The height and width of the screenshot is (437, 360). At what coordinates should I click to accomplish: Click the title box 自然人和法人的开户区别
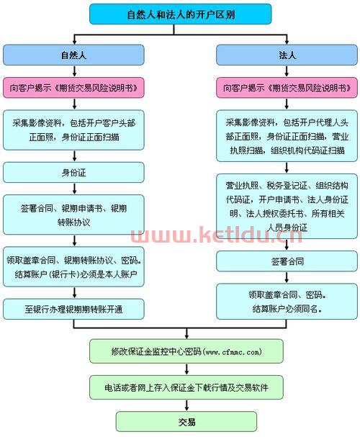[x=180, y=14]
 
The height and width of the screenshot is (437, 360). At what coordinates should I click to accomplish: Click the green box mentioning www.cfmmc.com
[x=180, y=351]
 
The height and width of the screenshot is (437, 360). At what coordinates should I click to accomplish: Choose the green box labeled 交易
[x=180, y=421]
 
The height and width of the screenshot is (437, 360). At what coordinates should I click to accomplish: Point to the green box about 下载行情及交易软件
[x=180, y=387]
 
